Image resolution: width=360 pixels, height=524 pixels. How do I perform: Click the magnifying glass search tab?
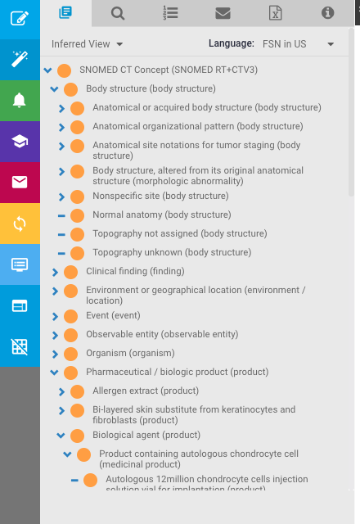[x=118, y=14]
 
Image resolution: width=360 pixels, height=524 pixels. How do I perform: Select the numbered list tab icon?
[x=170, y=13]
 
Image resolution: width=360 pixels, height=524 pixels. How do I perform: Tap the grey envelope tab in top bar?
[x=223, y=13]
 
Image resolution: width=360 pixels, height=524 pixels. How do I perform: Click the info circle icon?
[x=327, y=13]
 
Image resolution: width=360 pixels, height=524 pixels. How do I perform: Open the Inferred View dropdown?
[x=88, y=44]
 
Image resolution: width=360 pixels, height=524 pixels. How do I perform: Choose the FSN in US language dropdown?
[x=298, y=44]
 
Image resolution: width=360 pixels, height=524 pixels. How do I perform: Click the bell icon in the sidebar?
[x=20, y=100]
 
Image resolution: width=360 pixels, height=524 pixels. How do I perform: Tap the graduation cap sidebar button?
[x=20, y=142]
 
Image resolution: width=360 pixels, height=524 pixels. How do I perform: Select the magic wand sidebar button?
[x=20, y=60]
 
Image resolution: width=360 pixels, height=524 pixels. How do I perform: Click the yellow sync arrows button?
[x=20, y=224]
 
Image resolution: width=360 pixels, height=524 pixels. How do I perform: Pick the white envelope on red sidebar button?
[x=20, y=183]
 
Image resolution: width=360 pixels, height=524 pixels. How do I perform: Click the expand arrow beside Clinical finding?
[x=55, y=273]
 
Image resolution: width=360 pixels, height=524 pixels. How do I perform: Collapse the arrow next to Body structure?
[x=54, y=89]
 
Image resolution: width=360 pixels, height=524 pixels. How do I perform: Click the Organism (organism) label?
[x=130, y=353]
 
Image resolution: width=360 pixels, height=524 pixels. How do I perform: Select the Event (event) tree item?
[x=113, y=315]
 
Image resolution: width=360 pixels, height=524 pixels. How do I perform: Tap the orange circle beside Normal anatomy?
[x=78, y=215]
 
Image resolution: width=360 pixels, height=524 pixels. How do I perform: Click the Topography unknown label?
[x=172, y=252]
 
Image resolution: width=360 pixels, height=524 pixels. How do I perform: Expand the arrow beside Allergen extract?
[x=61, y=391]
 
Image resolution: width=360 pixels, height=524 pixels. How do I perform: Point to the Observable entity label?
[x=162, y=334]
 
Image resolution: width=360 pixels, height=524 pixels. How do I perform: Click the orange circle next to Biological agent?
[x=78, y=436]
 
